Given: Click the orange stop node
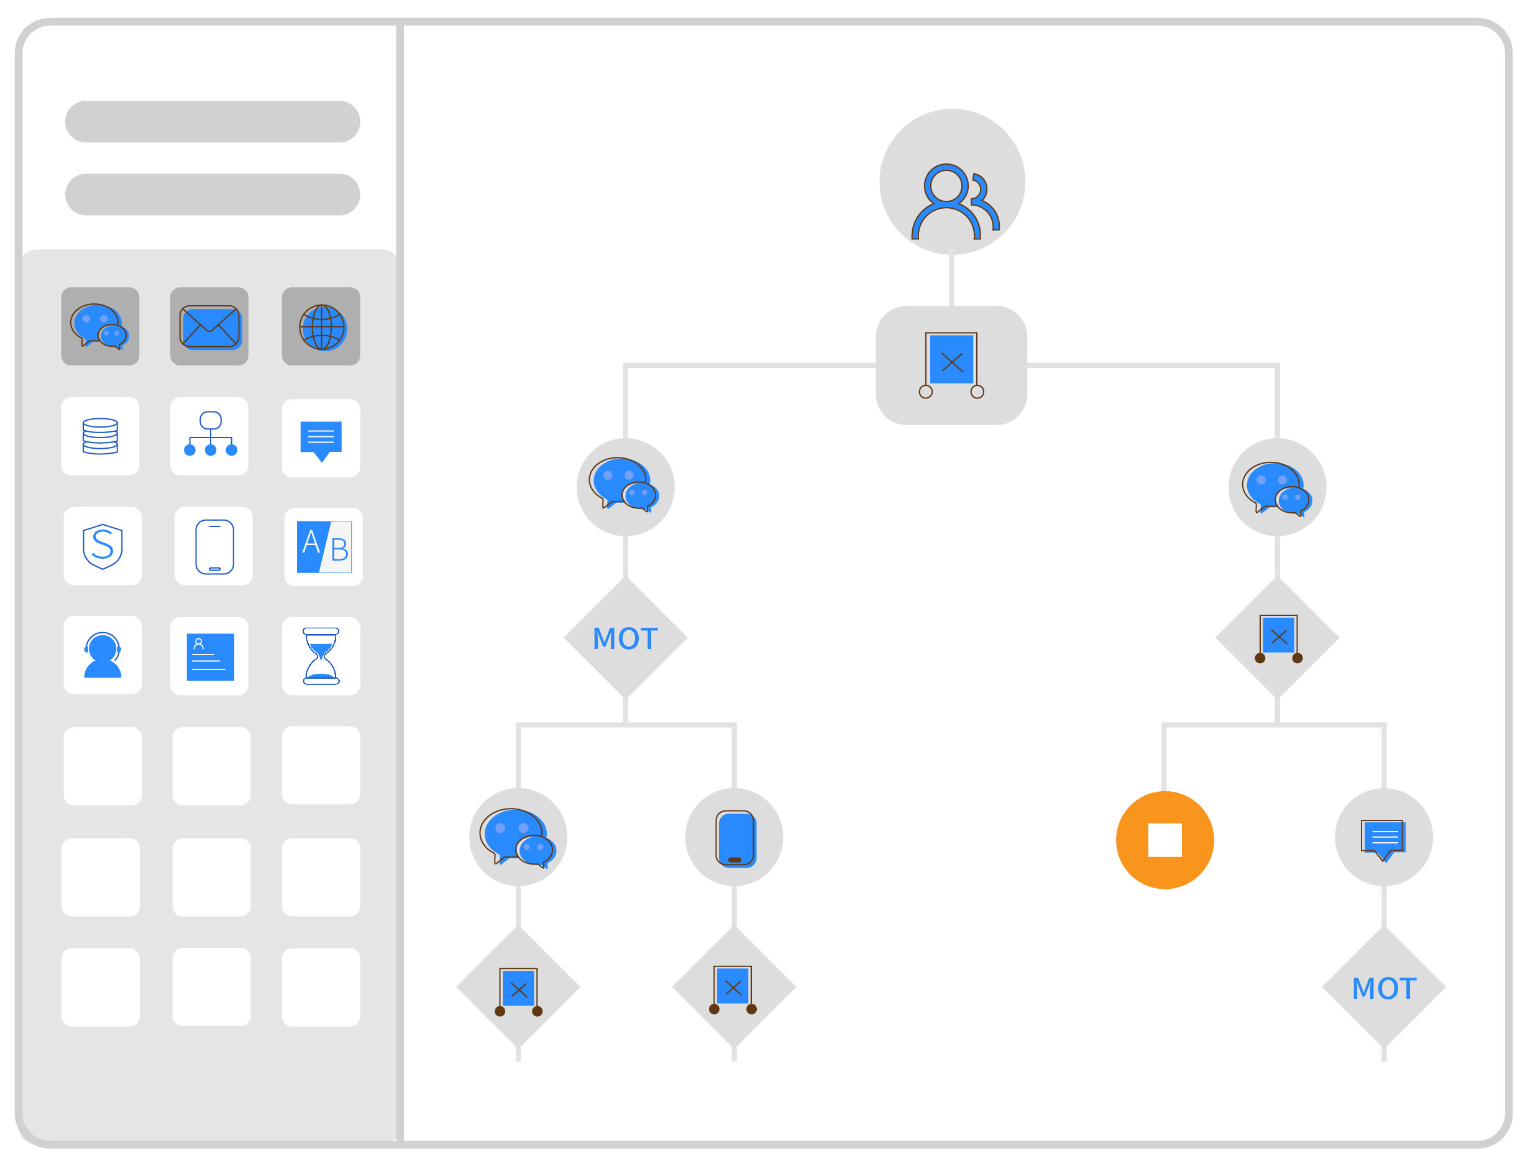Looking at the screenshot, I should point(1164,840).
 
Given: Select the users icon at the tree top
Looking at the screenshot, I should point(952,182).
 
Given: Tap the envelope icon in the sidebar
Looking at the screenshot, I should point(209,326).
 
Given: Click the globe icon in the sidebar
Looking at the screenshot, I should point(321,326).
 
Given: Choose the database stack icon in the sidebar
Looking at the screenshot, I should point(100,436).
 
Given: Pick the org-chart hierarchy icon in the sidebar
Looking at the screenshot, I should point(209,436).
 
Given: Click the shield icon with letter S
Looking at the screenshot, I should point(102,546).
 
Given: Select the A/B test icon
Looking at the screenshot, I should point(323,547).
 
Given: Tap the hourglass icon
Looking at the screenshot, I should point(321,656).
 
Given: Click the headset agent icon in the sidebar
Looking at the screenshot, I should point(102,655).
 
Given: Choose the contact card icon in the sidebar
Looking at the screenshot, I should point(209,656).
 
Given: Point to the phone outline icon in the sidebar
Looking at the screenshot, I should point(214,546).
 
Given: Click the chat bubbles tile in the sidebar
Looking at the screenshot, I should point(100,326).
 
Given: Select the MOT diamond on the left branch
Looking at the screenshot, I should point(625,638).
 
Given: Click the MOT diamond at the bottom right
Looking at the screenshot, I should point(1384,988).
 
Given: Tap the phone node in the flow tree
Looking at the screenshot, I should point(733,837).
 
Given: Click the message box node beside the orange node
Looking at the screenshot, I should point(1384,837).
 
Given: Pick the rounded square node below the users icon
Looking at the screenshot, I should point(951,365).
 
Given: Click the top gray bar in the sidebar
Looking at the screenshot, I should point(213,121).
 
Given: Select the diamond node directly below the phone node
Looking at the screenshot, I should point(733,987).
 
